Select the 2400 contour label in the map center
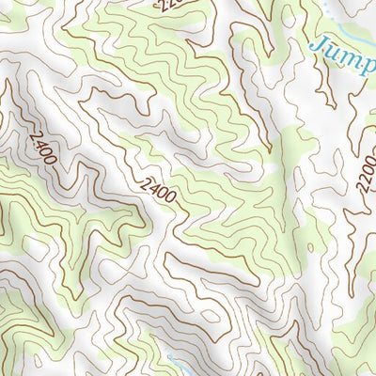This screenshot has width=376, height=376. [159, 193]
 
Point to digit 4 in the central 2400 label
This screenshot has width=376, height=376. [154, 189]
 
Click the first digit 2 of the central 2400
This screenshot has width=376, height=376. [147, 183]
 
